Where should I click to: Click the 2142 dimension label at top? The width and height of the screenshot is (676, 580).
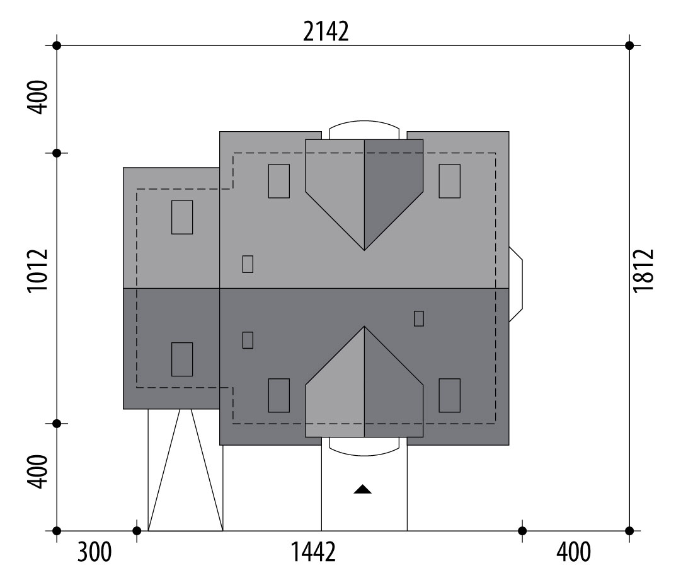tap(326, 32)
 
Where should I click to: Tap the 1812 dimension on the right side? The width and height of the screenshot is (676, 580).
tap(644, 270)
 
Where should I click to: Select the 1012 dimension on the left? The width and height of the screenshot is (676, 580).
tap(38, 271)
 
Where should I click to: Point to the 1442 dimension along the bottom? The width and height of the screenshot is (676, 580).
tap(313, 552)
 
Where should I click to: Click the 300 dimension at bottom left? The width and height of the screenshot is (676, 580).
tap(95, 552)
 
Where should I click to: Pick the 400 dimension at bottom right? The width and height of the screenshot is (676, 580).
tap(573, 552)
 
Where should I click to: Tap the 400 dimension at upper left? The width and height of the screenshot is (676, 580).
tap(38, 97)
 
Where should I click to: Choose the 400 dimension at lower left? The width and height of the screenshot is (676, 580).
tap(38, 472)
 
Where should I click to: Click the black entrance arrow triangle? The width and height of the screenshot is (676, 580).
tap(363, 489)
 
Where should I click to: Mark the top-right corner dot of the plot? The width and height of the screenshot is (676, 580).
tap(629, 45)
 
